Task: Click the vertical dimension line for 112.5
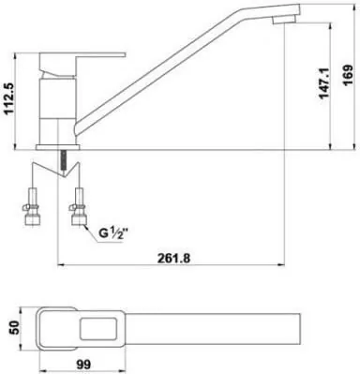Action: click(x=22, y=103)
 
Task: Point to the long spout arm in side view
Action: click(x=187, y=80)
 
